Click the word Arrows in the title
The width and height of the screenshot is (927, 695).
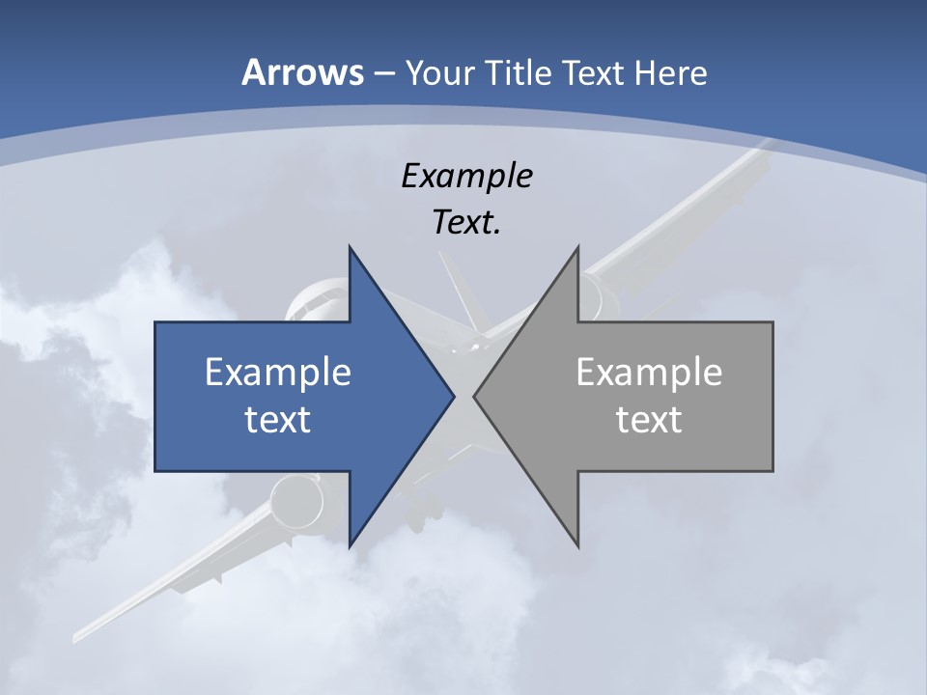(303, 72)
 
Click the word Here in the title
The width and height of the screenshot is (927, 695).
(671, 72)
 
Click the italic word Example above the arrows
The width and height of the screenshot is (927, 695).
(466, 177)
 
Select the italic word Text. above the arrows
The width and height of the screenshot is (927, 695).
(466, 223)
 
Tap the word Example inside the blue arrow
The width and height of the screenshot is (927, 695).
(278, 373)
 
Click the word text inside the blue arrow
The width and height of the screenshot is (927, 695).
(278, 420)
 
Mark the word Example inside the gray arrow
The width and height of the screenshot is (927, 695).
(649, 373)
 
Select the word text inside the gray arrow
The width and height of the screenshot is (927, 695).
(649, 420)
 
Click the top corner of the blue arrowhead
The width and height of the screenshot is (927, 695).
(351, 249)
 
